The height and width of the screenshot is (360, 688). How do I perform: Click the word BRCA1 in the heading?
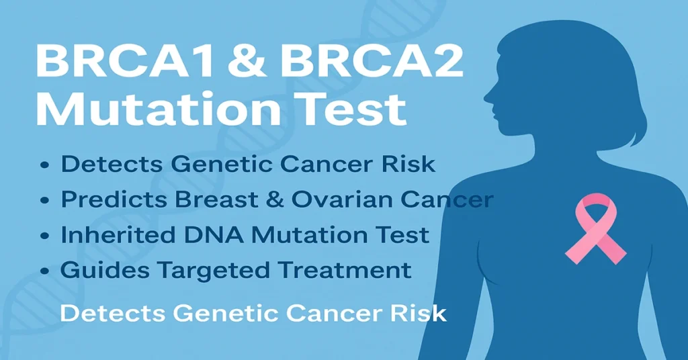(x=118, y=64)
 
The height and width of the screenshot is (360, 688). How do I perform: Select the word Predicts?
(x=104, y=199)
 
